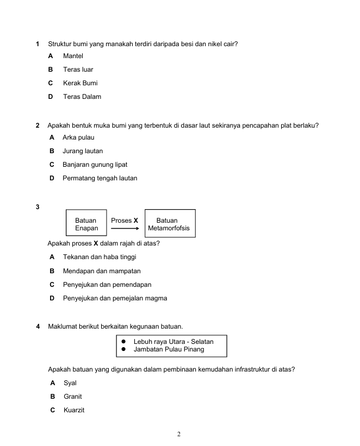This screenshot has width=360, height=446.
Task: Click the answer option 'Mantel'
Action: [73, 56]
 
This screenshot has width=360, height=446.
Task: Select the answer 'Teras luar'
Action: [78, 70]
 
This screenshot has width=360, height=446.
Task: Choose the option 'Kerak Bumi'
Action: [80, 83]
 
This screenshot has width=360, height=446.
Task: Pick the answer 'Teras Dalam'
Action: [82, 97]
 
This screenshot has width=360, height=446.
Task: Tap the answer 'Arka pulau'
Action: [78, 137]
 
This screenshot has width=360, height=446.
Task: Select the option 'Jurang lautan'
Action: [83, 151]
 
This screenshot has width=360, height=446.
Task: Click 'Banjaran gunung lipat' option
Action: [95, 165]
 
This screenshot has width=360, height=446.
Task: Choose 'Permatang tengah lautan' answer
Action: [100, 178]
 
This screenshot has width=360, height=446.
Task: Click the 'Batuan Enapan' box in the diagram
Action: [86, 224]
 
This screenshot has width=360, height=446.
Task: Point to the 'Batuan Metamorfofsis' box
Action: [169, 224]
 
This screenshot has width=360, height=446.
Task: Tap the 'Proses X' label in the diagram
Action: [124, 221]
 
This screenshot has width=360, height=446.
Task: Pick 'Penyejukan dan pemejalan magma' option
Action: [115, 298]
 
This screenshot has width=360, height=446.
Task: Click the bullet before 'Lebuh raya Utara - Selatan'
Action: [123, 342]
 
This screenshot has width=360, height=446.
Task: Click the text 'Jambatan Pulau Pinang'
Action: [169, 349]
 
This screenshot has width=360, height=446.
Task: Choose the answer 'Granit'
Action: [73, 397]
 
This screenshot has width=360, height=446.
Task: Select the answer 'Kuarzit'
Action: [74, 410]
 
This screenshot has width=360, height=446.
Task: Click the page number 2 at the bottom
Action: [179, 434]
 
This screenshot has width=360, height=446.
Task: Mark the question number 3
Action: [38, 207]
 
